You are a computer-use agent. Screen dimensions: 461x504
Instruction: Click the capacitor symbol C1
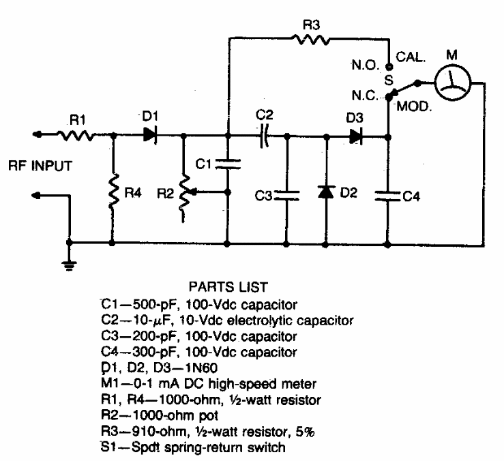tap(227, 164)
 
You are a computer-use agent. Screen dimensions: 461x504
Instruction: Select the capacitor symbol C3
tap(286, 196)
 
